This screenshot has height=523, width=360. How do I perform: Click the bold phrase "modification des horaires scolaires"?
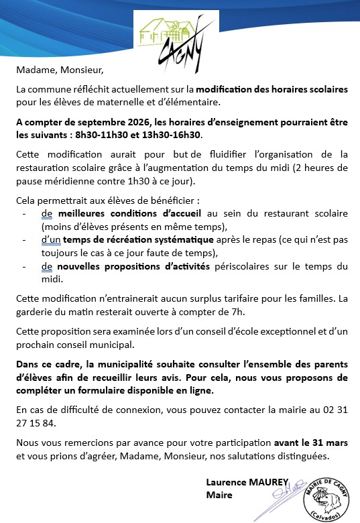281,89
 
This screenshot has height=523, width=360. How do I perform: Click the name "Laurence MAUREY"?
246,482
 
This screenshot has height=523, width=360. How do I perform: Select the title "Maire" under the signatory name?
219,495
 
